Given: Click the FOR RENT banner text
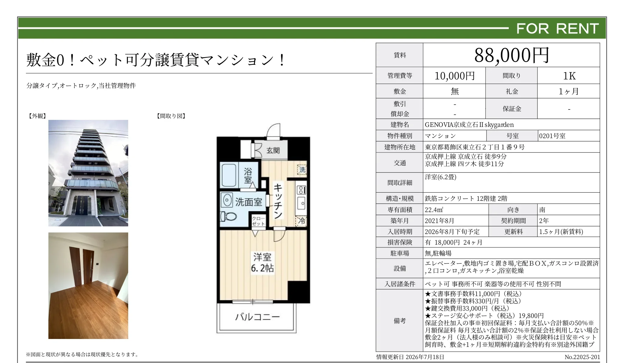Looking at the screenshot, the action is pyautogui.click(x=557, y=29).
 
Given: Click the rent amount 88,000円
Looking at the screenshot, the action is pyautogui.click(x=512, y=55).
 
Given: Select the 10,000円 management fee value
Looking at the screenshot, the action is pyautogui.click(x=455, y=76).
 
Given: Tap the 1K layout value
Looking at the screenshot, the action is pyautogui.click(x=569, y=76).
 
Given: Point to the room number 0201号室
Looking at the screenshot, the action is pyautogui.click(x=552, y=136).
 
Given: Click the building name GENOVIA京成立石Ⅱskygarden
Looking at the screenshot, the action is pyautogui.click(x=469, y=125).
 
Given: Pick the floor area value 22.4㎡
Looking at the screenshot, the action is pyautogui.click(x=434, y=210).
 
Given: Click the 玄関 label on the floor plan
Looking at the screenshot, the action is pyautogui.click(x=273, y=150).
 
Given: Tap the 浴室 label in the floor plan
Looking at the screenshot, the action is pyautogui.click(x=248, y=176).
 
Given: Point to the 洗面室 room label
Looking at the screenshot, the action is pyautogui.click(x=248, y=202).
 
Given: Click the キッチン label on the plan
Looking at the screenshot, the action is pyautogui.click(x=278, y=201).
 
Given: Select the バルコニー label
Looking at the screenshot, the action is pyautogui.click(x=257, y=317).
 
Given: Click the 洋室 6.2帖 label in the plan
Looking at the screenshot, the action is pyautogui.click(x=262, y=263).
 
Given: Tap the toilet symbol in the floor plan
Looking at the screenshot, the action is pyautogui.click(x=228, y=216).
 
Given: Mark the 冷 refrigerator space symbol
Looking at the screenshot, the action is pyautogui.click(x=301, y=221).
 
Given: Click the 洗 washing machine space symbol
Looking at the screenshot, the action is pyautogui.click(x=302, y=169).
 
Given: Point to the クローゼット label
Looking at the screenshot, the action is pyautogui.click(x=258, y=221).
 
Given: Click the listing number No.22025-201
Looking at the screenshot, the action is pyautogui.click(x=582, y=357).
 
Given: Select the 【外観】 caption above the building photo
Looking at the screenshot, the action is pyautogui.click(x=37, y=116).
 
